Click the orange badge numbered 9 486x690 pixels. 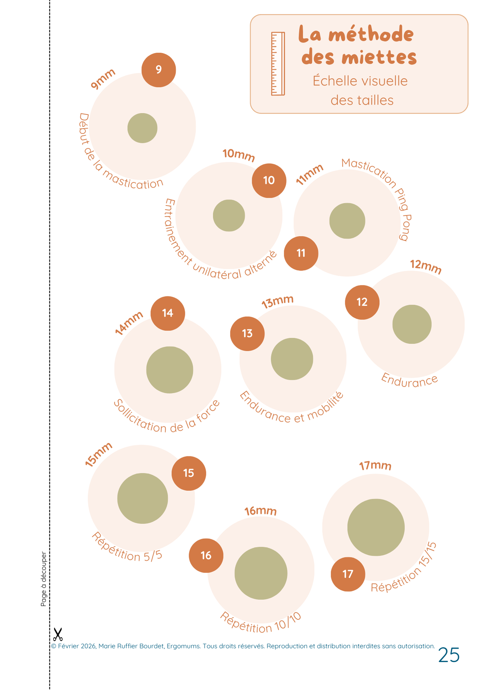tap(159, 70)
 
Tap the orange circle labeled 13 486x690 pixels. tap(247, 334)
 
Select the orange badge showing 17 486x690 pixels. tap(348, 574)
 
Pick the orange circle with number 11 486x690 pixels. tap(301, 253)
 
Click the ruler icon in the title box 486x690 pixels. tap(278, 63)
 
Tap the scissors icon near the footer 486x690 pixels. tap(58, 634)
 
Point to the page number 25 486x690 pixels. tap(449, 655)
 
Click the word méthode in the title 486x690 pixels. tap(371, 34)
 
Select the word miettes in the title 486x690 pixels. tap(379, 58)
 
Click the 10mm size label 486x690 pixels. tap(239, 155)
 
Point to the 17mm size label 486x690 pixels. tap(375, 466)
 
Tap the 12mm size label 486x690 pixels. tap(426, 267)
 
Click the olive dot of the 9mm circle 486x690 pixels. tap(142, 128)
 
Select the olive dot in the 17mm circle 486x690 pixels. tap(376, 527)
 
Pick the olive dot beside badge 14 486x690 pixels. tap(169, 370)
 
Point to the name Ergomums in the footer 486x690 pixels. tap(183, 646)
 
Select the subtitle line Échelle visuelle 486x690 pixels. tap(360, 81)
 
